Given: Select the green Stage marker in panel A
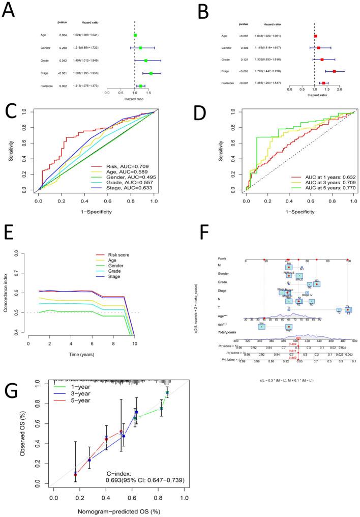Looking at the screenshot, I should coord(151,73).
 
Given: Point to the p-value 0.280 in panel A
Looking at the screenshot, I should coord(64,48).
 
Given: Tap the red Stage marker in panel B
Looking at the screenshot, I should coord(334,71).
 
